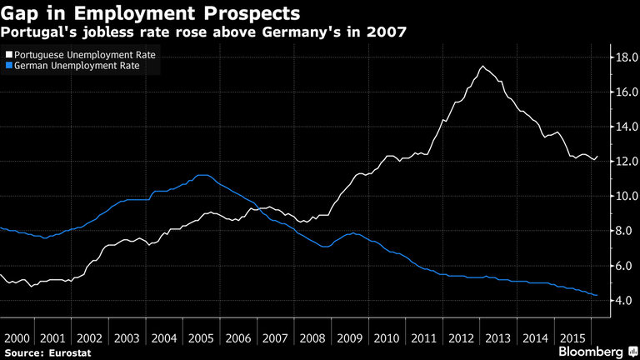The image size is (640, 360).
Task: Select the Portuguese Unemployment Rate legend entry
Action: click(83, 54)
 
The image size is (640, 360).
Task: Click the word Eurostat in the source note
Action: click(69, 353)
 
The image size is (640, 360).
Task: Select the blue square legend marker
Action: click(7, 66)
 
